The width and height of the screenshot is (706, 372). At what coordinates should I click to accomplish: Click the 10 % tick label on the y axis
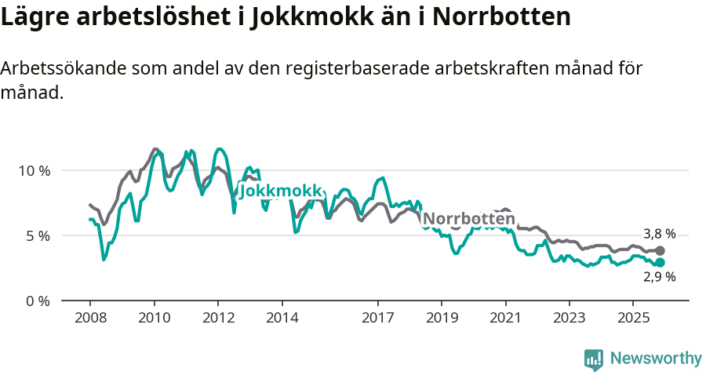point(33,170)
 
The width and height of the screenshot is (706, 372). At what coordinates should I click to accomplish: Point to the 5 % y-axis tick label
point(37,235)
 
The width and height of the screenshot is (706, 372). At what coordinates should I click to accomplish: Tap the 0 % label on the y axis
point(37,301)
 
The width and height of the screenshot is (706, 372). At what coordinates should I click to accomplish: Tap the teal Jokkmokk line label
point(281,191)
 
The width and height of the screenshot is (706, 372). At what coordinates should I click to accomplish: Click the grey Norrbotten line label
point(468,218)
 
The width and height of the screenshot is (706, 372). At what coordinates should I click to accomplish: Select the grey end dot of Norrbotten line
point(660,250)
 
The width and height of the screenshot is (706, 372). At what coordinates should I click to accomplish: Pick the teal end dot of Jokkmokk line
point(660,262)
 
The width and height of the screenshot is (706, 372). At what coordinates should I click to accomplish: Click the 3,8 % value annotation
point(659,234)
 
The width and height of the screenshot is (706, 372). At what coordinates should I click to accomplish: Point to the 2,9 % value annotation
point(659,277)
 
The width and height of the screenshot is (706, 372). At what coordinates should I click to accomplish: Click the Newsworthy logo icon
point(594,359)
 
